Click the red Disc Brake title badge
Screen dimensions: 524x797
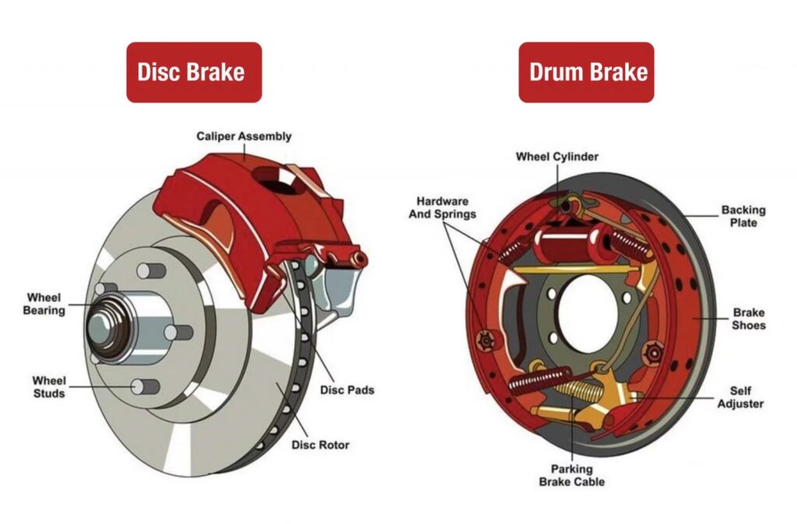click(x=194, y=72)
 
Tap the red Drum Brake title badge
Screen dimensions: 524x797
click(x=586, y=72)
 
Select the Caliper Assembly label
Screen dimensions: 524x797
click(x=244, y=136)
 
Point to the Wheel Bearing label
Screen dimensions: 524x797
click(x=44, y=304)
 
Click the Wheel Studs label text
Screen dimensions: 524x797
click(x=48, y=387)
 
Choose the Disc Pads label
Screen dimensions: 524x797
click(x=346, y=389)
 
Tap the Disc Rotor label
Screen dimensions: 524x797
click(x=320, y=445)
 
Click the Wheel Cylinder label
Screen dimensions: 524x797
click(x=557, y=156)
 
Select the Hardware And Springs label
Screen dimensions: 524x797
click(x=442, y=207)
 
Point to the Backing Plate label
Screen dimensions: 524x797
click(x=743, y=216)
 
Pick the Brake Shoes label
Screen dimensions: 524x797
click(x=749, y=319)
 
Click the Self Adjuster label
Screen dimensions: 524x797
click(x=740, y=397)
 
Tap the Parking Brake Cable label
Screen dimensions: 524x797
click(x=572, y=475)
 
